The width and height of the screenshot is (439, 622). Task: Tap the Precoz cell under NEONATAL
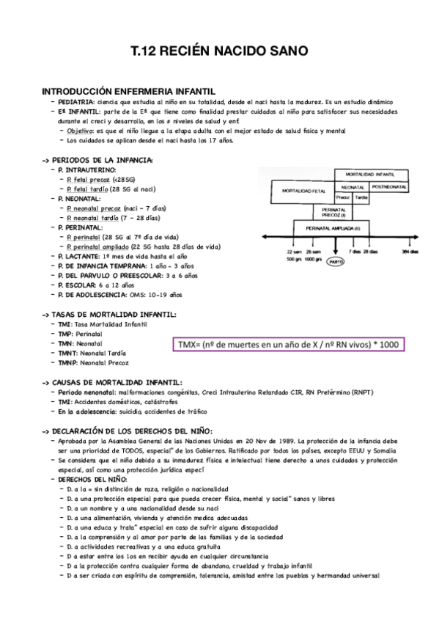[342, 197]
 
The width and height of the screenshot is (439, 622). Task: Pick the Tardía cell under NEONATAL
[360, 197]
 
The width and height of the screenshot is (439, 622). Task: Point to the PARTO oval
[335, 260]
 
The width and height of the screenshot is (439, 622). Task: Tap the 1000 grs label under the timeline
[314, 259]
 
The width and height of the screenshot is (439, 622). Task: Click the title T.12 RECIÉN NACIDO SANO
[219, 51]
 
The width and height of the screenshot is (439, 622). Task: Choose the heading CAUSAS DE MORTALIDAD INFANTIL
[117, 382]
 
